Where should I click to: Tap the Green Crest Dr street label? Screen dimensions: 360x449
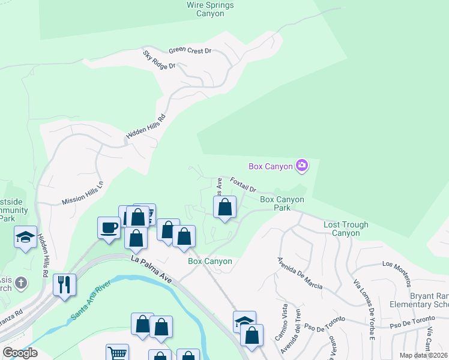pos(190,51)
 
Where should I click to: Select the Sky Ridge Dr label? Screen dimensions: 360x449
pos(159,59)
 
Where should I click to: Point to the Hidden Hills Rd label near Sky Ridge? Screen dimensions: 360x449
pos(145,127)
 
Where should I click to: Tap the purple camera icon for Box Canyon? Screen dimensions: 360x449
pos(301,166)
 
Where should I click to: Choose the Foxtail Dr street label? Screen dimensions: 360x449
pos(243,184)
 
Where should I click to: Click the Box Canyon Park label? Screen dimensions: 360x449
pos(282,203)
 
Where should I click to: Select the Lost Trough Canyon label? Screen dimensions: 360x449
pos(346,229)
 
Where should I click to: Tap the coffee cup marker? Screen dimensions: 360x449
pos(109,227)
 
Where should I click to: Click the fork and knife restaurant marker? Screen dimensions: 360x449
pos(64,284)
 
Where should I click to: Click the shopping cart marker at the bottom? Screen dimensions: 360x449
pos(116,353)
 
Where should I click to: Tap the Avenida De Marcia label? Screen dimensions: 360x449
pos(300,273)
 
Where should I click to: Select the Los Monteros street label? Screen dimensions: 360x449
pos(397,264)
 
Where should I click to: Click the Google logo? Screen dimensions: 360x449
pos(20,352)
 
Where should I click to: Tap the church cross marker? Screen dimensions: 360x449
pos(20,283)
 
